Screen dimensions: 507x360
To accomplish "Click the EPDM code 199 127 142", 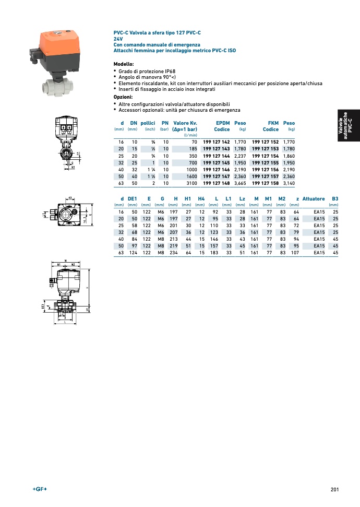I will (x=216, y=142).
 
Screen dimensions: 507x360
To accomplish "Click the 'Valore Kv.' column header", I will (x=185, y=123).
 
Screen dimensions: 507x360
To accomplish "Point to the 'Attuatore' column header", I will (x=313, y=199).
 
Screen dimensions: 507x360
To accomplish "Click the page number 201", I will (x=334, y=489).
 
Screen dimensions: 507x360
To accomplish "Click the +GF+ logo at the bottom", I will (x=40, y=489).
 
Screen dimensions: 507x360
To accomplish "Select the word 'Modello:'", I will (x=124, y=64).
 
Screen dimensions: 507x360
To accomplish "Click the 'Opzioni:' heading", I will (x=123, y=97).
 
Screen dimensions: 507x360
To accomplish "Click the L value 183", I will (x=214, y=253).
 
